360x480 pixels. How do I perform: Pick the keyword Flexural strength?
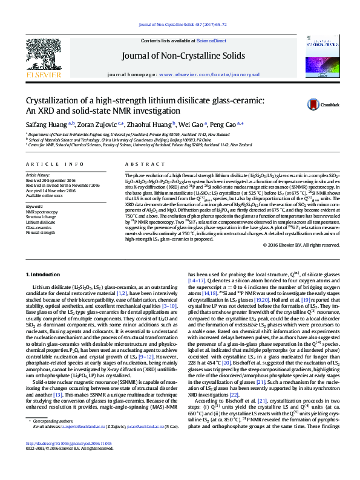tap(41, 232)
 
